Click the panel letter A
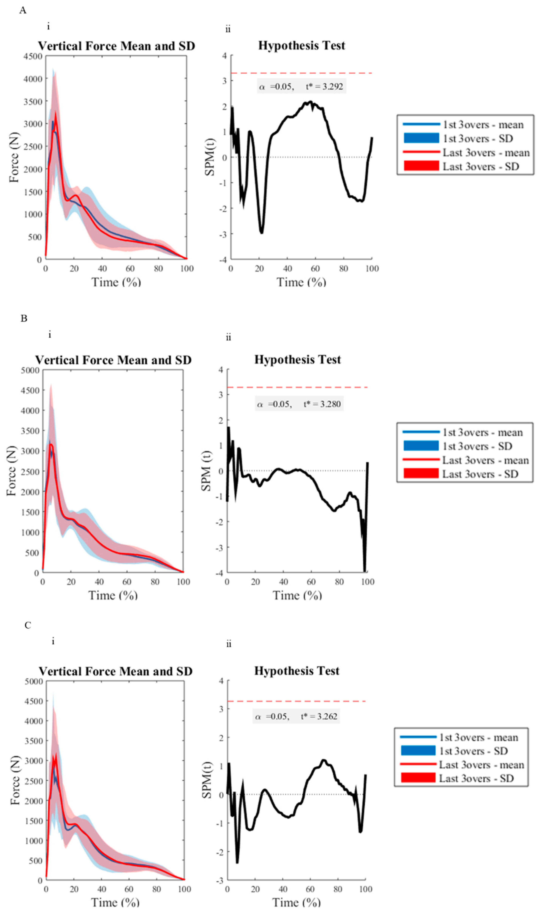pyautogui.click(x=23, y=10)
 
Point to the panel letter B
pyautogui.click(x=24, y=318)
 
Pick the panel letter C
pyautogui.click(x=28, y=625)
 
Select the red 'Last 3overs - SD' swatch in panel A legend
pyautogui.click(x=421, y=166)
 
